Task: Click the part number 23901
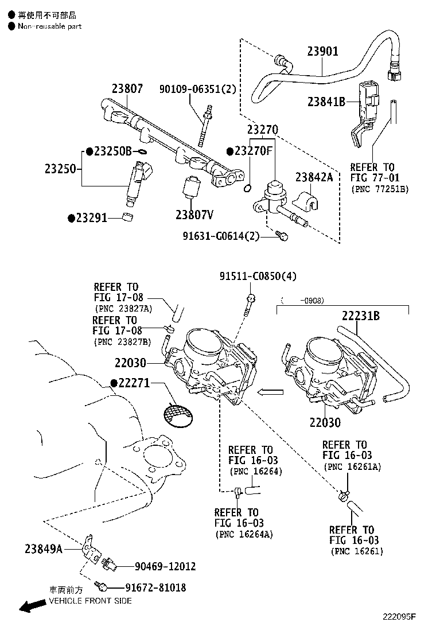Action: click(322, 52)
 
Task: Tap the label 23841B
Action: click(325, 102)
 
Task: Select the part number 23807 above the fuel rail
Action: click(127, 88)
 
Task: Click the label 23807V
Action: click(194, 215)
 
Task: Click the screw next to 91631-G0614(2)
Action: click(281, 236)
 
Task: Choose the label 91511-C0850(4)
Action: click(258, 276)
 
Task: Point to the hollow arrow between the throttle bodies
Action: click(269, 392)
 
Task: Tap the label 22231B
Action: click(361, 316)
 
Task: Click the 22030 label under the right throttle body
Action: click(325, 422)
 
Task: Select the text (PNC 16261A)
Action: click(352, 467)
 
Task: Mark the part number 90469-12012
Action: click(165, 566)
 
